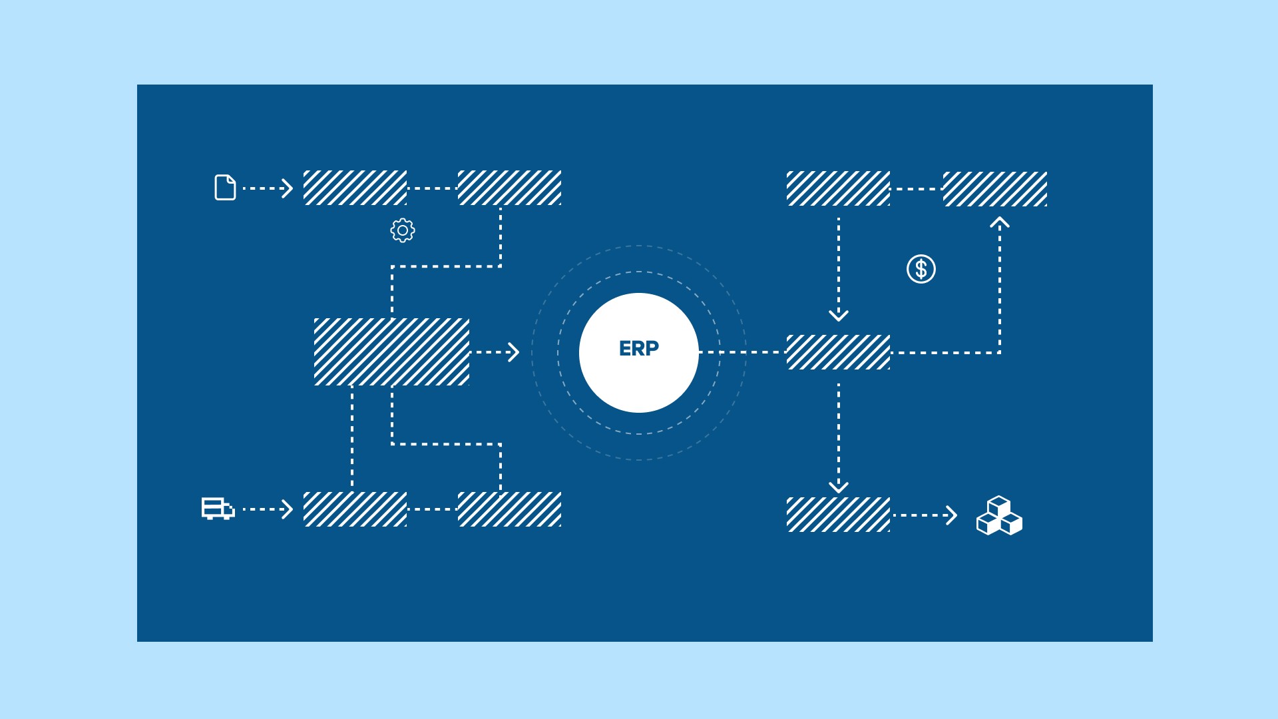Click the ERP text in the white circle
click(638, 348)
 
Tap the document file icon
click(225, 188)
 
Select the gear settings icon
click(402, 230)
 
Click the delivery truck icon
click(218, 508)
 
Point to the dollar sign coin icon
click(921, 269)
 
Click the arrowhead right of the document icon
click(287, 188)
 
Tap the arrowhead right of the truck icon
click(287, 509)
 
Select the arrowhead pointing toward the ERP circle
click(513, 352)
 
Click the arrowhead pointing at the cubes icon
click(951, 515)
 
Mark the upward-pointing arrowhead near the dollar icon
click(999, 223)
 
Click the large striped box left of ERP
click(391, 352)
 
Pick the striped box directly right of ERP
click(838, 352)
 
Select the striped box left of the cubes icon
click(838, 515)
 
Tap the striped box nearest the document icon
click(355, 188)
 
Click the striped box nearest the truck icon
click(355, 509)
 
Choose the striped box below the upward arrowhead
click(994, 189)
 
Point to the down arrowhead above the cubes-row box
click(838, 487)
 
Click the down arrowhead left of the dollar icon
click(838, 315)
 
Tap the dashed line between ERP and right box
click(742, 352)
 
